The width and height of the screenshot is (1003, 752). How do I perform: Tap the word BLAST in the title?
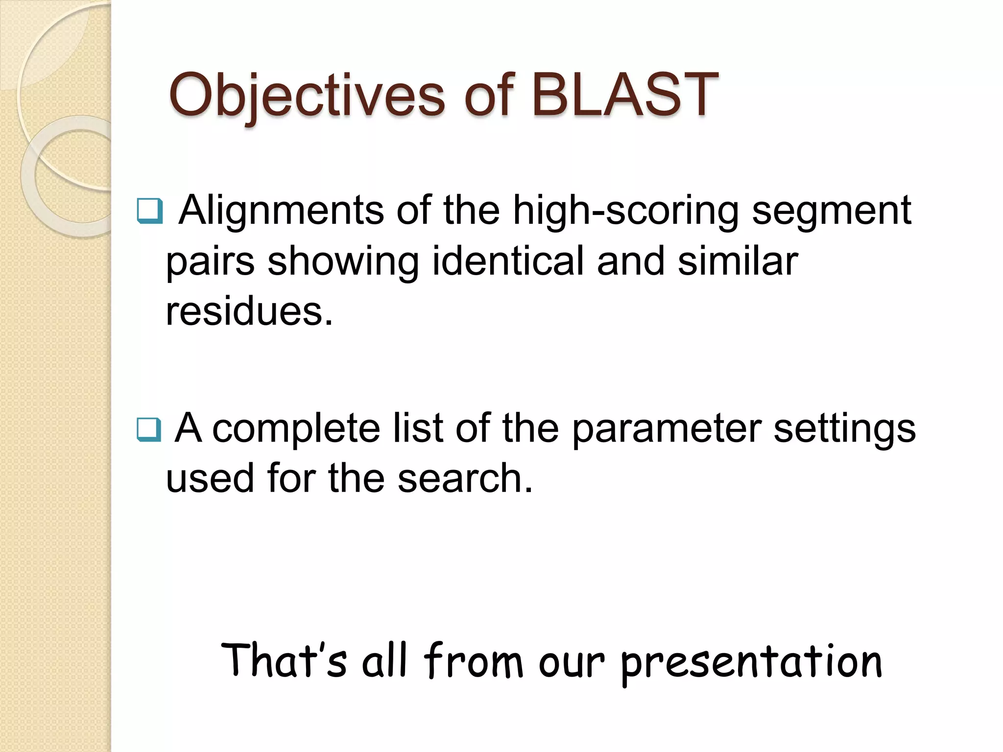coord(624,95)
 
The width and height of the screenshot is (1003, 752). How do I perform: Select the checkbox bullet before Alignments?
coord(149,211)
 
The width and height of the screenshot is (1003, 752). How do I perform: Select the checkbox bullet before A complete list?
coord(149,429)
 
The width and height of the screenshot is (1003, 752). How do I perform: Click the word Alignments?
coord(281,211)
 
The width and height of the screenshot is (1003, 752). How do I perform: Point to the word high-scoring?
coord(625,211)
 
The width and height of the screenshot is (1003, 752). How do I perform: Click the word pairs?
coord(210,262)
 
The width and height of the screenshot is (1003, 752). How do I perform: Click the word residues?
coord(249,312)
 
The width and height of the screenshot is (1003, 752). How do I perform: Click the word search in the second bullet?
coord(464,478)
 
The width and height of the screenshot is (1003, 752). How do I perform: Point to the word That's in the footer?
coord(284,660)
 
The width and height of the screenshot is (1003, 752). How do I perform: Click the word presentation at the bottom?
coord(752,662)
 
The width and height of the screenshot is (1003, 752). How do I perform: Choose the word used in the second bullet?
coord(210,478)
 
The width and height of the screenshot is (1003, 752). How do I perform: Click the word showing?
coord(343,262)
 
